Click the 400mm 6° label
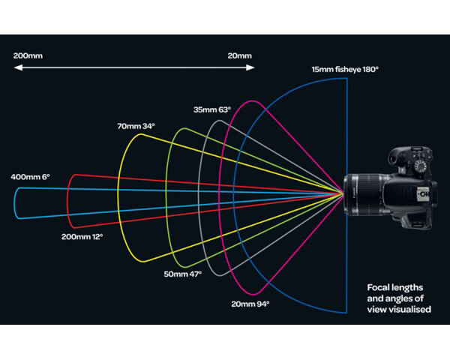pos(30,177)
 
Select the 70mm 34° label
pos(136,125)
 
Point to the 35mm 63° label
pos(212,109)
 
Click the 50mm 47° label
pos(183,274)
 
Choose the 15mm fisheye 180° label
pos(345,70)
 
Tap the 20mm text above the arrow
pos(240,55)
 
